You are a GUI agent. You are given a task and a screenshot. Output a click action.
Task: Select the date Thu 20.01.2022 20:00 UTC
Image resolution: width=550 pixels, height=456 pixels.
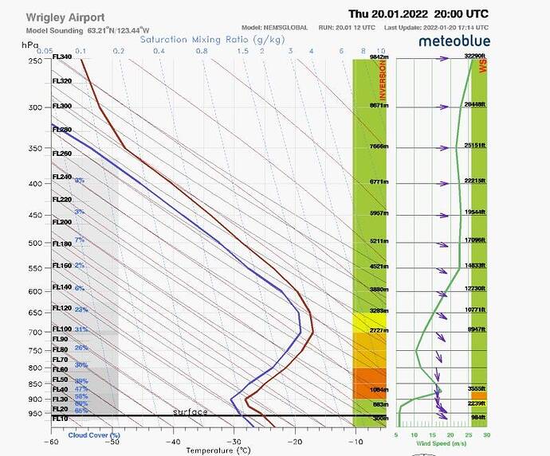coord(418,14)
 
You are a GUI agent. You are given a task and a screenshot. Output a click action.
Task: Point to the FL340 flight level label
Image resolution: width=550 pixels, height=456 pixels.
coord(61,57)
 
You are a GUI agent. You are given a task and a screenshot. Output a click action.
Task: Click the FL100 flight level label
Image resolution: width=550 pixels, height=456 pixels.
coord(61,329)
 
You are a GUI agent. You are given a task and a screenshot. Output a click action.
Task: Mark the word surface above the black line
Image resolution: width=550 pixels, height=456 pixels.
coord(191,411)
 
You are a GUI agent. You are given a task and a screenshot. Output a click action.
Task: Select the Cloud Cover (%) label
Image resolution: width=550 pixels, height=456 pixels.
coord(94,435)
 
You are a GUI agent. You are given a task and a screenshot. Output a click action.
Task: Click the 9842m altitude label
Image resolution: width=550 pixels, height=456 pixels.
coord(379,57)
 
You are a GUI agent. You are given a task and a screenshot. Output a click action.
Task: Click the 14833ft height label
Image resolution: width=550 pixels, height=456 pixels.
coord(476,266)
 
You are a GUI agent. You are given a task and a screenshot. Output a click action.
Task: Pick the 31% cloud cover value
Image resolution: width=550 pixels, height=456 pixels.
coord(81,329)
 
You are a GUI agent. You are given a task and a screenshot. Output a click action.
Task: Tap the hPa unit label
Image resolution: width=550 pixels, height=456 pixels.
coord(29,46)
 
